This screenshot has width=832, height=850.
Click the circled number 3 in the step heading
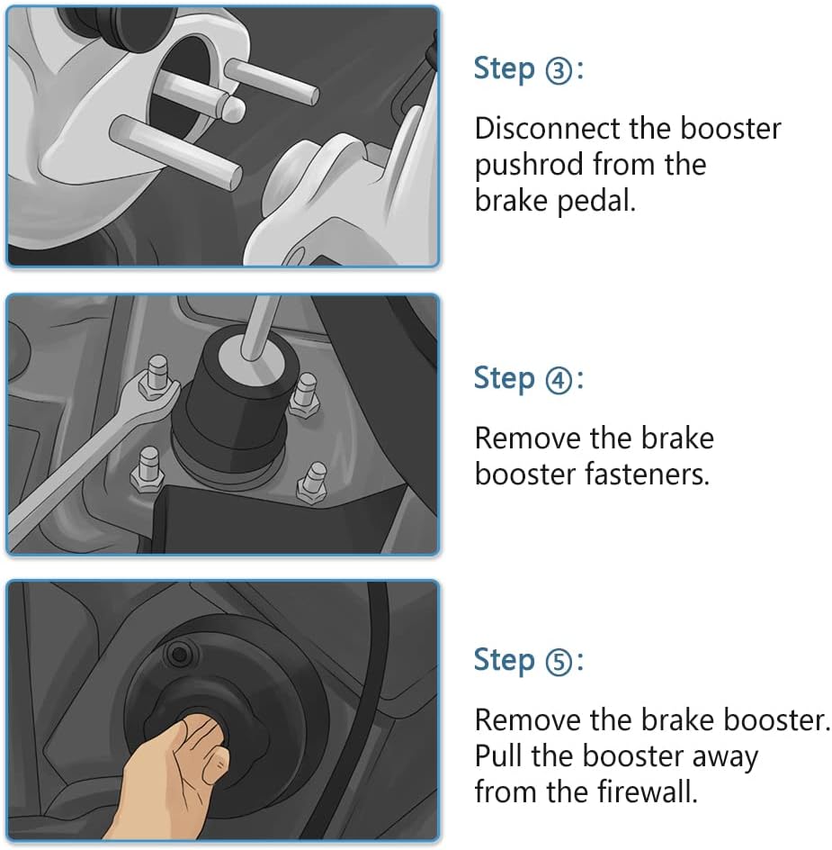pyautogui.click(x=558, y=72)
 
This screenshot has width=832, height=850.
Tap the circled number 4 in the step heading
pyautogui.click(x=558, y=381)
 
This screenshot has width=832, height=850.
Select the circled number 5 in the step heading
pyautogui.click(x=558, y=663)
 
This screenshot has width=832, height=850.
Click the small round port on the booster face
pyautogui.click(x=179, y=655)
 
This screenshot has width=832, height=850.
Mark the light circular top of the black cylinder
pyautogui.click(x=251, y=358)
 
